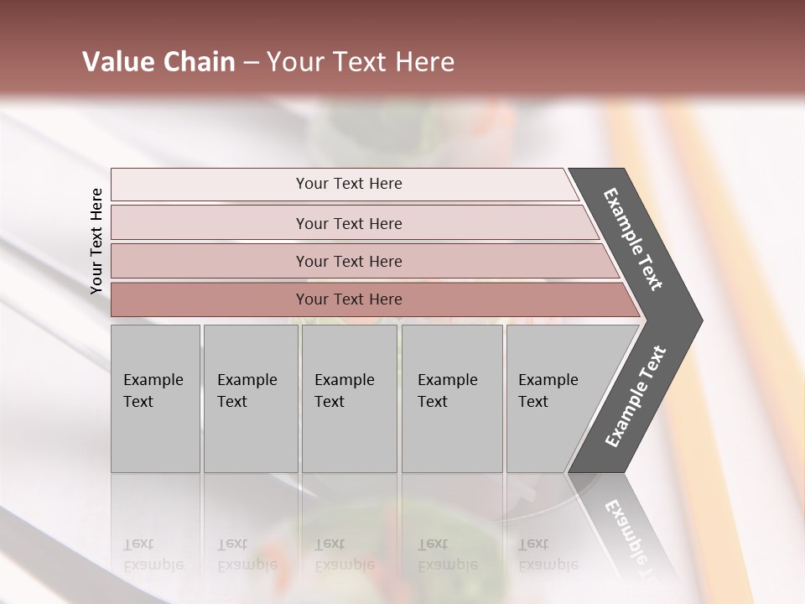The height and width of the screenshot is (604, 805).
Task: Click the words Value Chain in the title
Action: pyautogui.click(x=158, y=61)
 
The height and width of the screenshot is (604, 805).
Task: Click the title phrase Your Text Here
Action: pyautogui.click(x=361, y=61)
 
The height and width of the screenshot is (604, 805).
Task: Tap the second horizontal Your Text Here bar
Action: pyautogui.click(x=349, y=223)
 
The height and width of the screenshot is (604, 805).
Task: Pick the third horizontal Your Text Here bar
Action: pyautogui.click(x=349, y=261)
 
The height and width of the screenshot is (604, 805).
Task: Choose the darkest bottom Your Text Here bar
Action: pyautogui.click(x=349, y=299)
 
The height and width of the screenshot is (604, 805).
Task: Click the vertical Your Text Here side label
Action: pyautogui.click(x=96, y=241)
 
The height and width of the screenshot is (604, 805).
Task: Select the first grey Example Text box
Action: pyautogui.click(x=155, y=398)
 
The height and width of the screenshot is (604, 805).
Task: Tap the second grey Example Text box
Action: pyautogui.click(x=250, y=398)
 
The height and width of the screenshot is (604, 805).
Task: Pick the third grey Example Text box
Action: pyautogui.click(x=349, y=398)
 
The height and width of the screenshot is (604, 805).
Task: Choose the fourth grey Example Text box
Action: pyautogui.click(x=451, y=398)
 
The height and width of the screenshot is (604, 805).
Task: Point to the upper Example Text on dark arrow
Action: pyautogui.click(x=634, y=239)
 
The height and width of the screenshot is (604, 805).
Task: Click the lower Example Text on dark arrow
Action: pyautogui.click(x=636, y=397)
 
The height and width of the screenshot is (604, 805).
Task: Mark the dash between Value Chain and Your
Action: pyautogui.click(x=251, y=62)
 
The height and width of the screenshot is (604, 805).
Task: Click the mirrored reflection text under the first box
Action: pyautogui.click(x=153, y=555)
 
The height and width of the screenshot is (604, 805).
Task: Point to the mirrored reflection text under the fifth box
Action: pyautogui.click(x=548, y=555)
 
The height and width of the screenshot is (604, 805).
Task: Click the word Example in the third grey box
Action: pyautogui.click(x=344, y=380)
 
